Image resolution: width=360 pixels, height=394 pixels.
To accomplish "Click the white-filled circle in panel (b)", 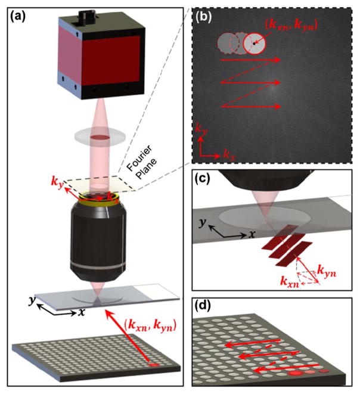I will (255, 43).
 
